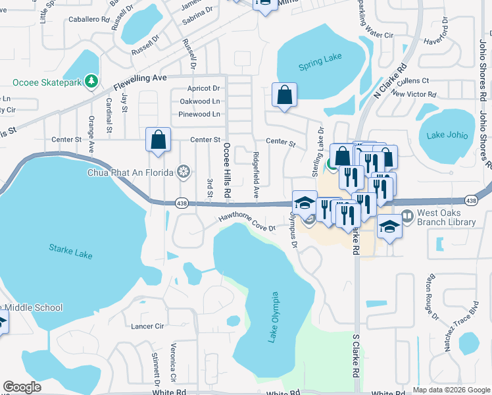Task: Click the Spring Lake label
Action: (x=320, y=58)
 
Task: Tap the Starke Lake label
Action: (x=70, y=251)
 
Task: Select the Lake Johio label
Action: (x=447, y=136)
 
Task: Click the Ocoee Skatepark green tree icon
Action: (x=93, y=82)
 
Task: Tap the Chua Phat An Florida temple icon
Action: (x=184, y=172)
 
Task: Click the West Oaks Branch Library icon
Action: (x=407, y=216)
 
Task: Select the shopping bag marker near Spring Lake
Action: (x=285, y=95)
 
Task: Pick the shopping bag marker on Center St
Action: (x=159, y=140)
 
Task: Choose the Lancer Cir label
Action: (x=147, y=326)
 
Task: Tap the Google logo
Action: (x=22, y=387)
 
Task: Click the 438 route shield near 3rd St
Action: (x=183, y=203)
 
